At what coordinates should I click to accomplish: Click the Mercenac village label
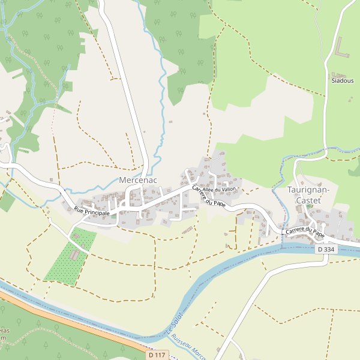click(x=137, y=180)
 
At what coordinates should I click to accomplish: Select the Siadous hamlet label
click(x=342, y=80)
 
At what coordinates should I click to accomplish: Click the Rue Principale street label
click(x=92, y=211)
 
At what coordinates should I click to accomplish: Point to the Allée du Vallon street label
click(x=220, y=189)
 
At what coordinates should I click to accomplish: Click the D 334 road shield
click(x=326, y=249)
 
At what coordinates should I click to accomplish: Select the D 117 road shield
click(x=156, y=355)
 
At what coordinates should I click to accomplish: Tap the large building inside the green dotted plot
click(x=74, y=255)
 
